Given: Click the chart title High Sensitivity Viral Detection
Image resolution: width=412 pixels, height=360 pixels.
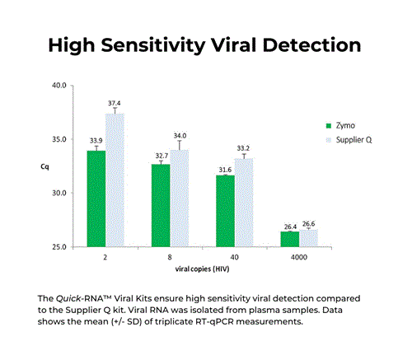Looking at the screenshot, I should [x=205, y=44].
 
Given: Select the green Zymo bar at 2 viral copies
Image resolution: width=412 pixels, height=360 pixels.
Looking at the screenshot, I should [x=96, y=199].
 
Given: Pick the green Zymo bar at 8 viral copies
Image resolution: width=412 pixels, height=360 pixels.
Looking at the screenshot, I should [x=161, y=205].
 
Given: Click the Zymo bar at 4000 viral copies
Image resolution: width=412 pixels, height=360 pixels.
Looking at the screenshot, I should [x=289, y=239].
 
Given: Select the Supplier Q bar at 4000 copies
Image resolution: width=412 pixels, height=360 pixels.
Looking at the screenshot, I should [x=308, y=238].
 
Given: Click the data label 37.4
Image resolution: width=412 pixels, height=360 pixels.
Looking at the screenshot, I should [x=115, y=101].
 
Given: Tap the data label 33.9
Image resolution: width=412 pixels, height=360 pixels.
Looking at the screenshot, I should [x=96, y=139].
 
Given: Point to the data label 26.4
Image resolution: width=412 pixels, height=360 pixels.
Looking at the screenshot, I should [x=289, y=226].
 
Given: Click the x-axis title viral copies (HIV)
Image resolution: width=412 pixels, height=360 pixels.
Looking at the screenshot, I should [x=202, y=270].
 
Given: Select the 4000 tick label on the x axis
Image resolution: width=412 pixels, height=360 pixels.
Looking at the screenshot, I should [x=298, y=258].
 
